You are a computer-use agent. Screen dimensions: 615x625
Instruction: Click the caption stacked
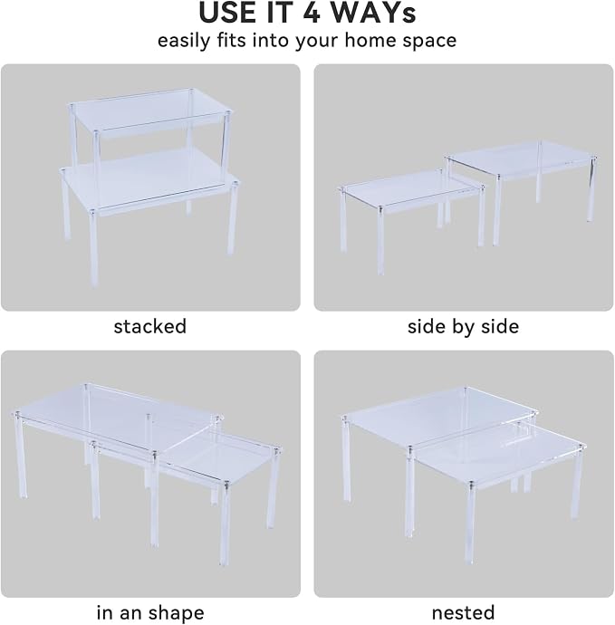coord(149,326)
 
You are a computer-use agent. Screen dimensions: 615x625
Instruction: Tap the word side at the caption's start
coord(425,326)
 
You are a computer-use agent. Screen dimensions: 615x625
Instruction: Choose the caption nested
coord(463,612)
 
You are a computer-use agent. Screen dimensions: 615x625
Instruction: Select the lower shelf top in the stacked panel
coord(149,182)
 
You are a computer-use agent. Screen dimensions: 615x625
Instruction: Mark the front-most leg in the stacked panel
coord(93,247)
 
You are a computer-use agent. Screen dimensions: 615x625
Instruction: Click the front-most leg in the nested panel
coord(470,523)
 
